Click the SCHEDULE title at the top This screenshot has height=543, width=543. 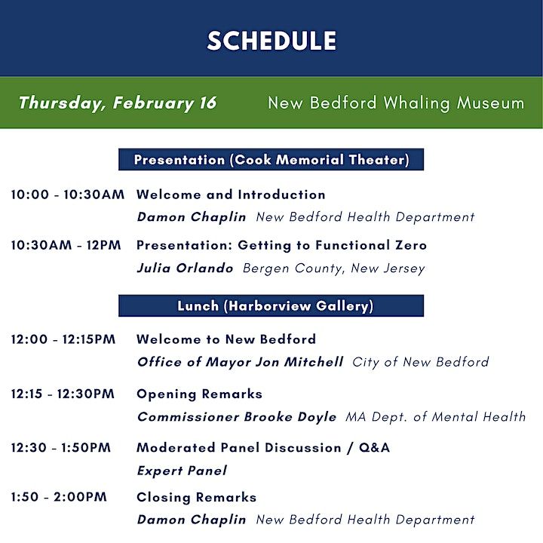pos(271,41)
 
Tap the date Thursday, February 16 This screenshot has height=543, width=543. pos(117,103)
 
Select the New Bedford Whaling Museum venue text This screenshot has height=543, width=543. pos(396,103)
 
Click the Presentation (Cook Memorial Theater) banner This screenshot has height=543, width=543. pos(271,160)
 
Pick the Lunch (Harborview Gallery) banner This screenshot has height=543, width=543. pos(271,306)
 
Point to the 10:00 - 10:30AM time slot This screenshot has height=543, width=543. pos(68,195)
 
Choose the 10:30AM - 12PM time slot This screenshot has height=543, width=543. pos(68,246)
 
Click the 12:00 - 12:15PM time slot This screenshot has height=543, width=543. pos(63,340)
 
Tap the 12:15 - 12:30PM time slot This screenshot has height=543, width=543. pos(63,394)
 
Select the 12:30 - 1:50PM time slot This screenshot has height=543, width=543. pos(61,449)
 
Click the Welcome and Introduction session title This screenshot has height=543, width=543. pos(231,195)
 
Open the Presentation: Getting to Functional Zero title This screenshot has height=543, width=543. pos(281,246)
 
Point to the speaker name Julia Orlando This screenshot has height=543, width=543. pos(186,268)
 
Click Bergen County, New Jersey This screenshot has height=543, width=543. pos(333,268)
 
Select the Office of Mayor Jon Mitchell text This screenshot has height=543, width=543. pos(240,363)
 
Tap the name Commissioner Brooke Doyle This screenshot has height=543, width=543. pos(237,417)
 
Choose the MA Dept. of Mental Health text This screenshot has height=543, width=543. pos(435,417)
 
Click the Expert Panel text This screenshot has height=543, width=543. pos(182,471)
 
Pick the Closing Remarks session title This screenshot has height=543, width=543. pos(196,498)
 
